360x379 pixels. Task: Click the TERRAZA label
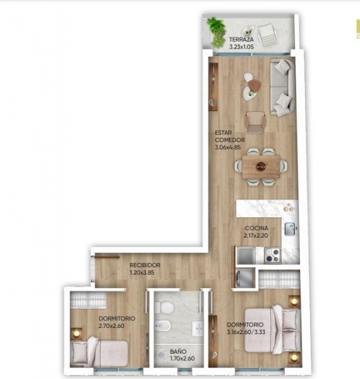coord(224,39)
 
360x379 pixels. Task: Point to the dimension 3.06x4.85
coord(230,148)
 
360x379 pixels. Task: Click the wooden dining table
coord(261,167)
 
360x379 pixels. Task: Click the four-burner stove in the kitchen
coord(273,255)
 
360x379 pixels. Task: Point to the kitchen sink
coord(290,229)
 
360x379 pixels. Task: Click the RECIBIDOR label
coord(145,265)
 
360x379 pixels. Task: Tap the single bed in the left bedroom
coord(100,351)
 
